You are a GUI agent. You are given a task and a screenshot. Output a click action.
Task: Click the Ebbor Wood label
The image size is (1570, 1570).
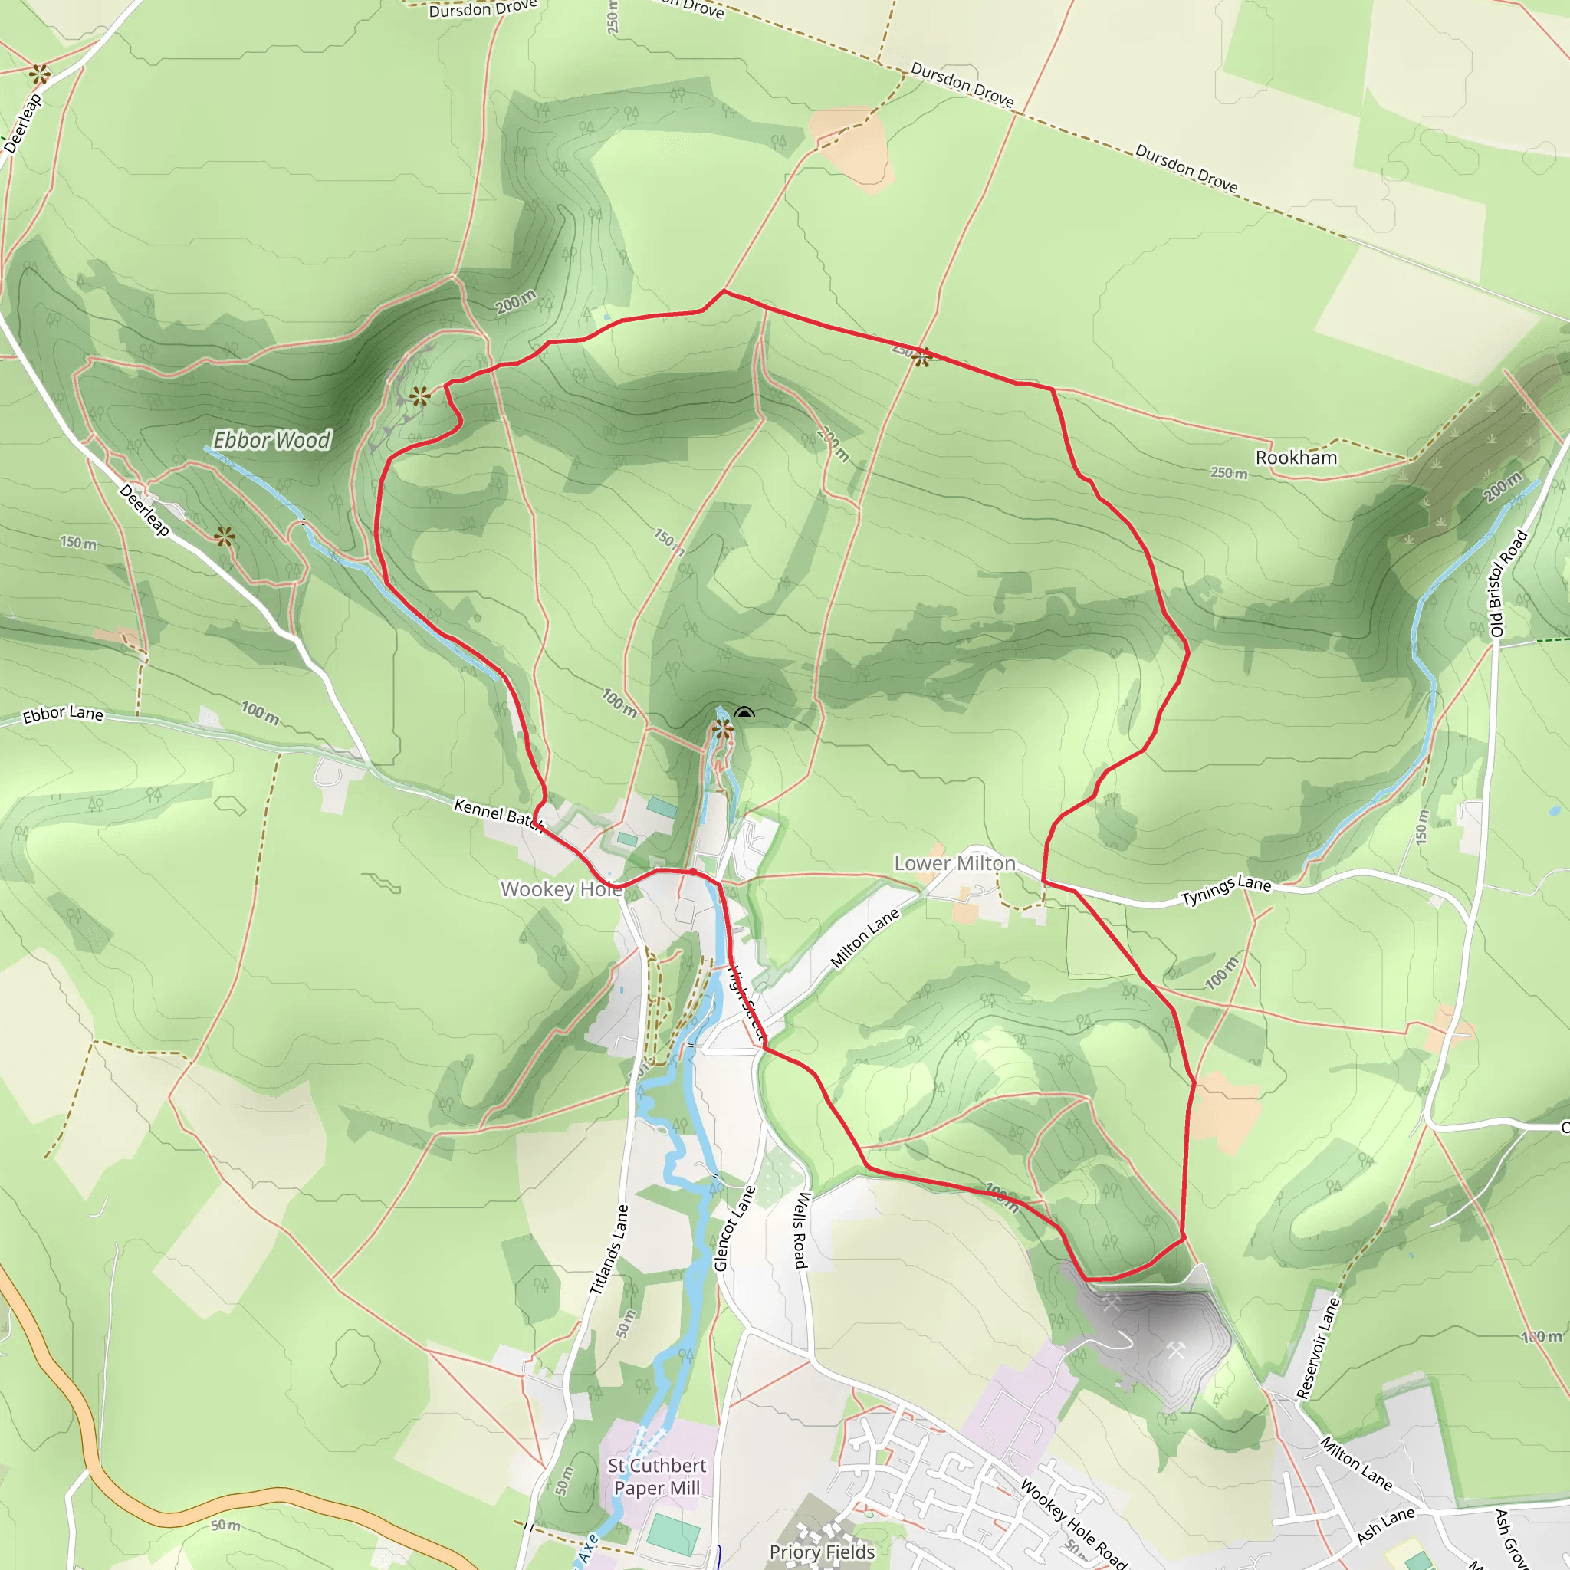click(271, 441)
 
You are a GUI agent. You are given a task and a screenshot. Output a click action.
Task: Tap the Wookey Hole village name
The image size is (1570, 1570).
click(560, 889)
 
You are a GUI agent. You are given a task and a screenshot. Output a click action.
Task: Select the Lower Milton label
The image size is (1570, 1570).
click(955, 863)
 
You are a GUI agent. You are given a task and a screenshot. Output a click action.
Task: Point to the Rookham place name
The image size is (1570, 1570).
click(1296, 458)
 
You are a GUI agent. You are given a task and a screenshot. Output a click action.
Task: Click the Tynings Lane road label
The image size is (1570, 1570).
click(1226, 890)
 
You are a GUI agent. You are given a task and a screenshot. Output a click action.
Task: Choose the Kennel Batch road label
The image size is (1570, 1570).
click(498, 814)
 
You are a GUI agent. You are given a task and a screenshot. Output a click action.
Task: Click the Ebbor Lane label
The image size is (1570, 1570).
click(63, 714)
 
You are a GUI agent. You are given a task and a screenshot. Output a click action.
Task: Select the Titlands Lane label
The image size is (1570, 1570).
click(609, 1250)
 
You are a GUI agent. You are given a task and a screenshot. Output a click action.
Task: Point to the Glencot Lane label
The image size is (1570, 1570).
click(734, 1228)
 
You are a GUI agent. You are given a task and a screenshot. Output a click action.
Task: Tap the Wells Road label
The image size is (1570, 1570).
click(801, 1230)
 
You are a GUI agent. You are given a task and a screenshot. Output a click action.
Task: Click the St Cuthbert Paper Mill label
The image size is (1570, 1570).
click(657, 1476)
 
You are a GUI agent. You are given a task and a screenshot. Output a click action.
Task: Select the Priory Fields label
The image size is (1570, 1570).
click(822, 1552)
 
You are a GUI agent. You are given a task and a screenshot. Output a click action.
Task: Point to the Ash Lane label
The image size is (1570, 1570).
click(1385, 1525)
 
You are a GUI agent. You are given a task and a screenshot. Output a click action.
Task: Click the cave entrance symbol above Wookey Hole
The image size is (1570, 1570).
click(744, 714)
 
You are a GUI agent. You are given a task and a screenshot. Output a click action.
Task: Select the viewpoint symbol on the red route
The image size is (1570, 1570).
click(921, 356)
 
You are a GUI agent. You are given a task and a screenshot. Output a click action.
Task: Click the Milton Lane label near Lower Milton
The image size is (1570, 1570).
click(865, 938)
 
